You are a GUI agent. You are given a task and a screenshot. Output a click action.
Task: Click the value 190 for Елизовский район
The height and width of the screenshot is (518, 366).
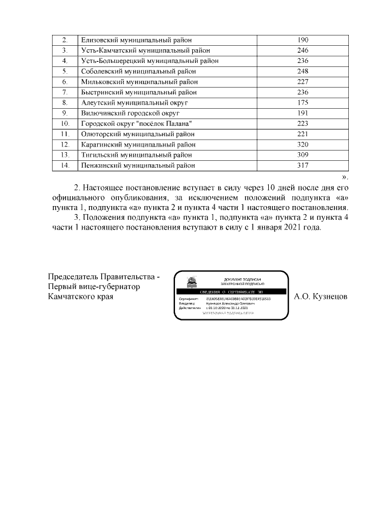(303, 40)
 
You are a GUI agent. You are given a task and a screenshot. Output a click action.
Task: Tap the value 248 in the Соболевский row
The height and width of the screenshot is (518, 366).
(303, 72)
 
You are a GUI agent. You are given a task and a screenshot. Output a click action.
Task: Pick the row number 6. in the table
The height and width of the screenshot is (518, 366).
(65, 82)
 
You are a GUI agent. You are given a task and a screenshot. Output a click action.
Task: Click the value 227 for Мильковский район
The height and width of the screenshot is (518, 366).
(303, 82)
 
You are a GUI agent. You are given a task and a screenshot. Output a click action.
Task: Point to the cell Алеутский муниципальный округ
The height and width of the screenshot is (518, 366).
(131, 102)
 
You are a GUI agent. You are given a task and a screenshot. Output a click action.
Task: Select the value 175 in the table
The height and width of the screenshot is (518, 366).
(303, 102)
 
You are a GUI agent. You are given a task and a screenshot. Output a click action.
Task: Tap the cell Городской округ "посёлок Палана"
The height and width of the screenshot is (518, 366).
(133, 124)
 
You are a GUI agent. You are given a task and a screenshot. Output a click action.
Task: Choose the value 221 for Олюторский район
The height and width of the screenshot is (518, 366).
(303, 134)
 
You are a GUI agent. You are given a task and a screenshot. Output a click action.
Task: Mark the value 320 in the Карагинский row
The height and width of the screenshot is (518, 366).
(303, 144)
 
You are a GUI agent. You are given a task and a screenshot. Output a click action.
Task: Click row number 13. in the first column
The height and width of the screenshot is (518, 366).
(65, 155)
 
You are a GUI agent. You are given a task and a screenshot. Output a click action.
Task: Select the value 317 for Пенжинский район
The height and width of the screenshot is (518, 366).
(303, 165)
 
